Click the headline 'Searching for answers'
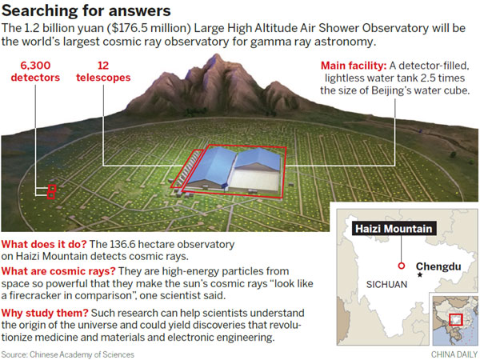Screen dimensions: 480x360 86,10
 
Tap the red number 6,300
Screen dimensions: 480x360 35,66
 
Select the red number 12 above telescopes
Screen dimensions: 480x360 103,66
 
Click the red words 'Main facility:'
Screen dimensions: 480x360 354,66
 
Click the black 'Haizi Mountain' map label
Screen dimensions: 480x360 394,229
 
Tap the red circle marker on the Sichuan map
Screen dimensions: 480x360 402,266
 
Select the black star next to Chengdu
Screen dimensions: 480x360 420,275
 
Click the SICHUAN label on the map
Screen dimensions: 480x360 386,285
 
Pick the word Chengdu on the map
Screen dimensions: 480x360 438,266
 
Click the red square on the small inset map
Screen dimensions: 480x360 455,319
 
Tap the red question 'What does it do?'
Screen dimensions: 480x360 44,244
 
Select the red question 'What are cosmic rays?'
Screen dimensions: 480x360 58,271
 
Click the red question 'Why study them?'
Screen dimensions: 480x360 45,313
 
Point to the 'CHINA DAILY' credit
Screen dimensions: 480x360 454,354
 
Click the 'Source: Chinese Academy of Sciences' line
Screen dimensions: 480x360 68,354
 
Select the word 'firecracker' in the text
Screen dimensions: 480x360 39,295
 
